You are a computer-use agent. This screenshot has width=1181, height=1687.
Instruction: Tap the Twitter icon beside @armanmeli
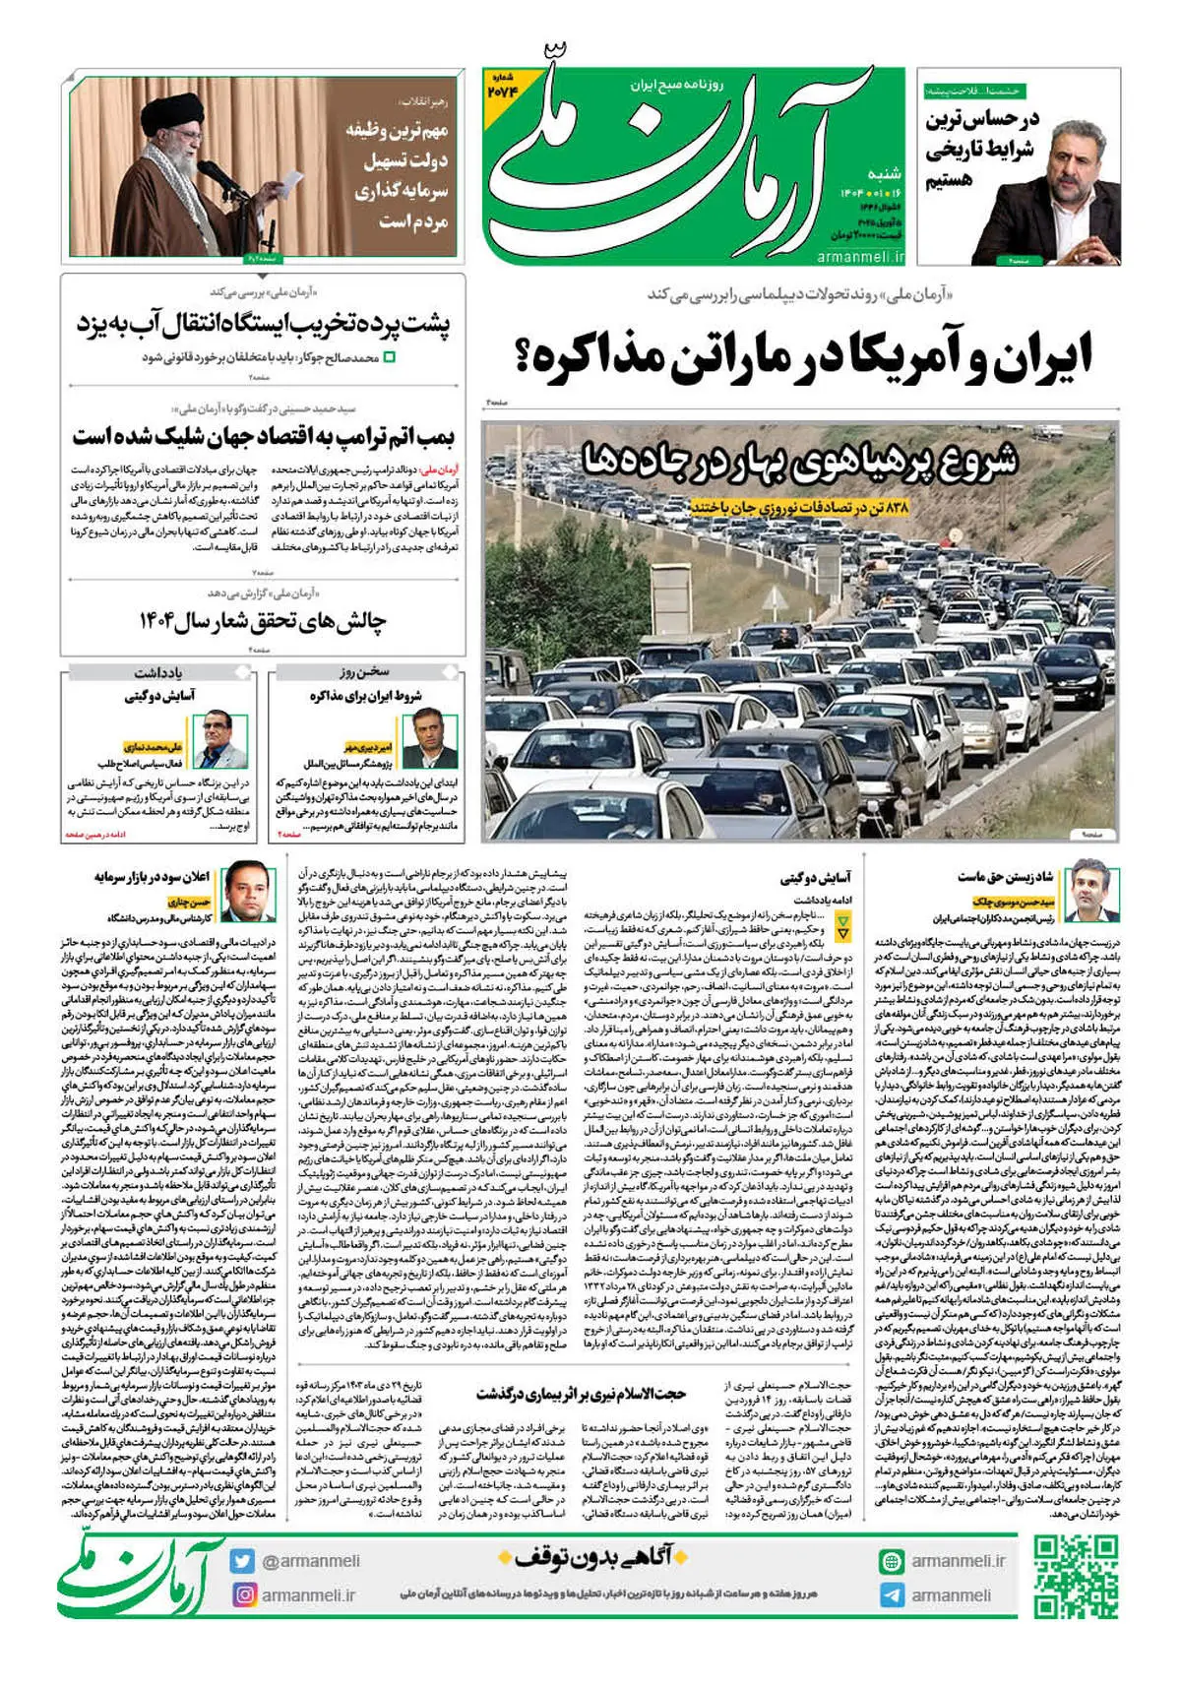pos(242,1561)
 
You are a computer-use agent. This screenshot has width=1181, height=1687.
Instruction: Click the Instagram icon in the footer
pos(242,1594)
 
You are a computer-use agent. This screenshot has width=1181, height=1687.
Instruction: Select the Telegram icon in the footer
pos(892,1594)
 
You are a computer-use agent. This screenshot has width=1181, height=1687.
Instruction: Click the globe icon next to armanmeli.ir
pos(892,1561)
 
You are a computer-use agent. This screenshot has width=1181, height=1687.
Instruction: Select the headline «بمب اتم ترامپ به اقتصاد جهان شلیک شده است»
pos(264,434)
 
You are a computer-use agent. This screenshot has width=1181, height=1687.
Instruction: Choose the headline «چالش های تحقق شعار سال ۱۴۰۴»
pos(264,621)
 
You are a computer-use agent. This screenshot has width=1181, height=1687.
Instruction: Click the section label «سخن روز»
pos(365,672)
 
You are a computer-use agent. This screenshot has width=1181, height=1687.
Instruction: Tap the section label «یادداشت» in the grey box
pos(157,672)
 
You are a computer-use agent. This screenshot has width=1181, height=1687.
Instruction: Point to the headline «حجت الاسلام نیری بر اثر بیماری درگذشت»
pos(582,1393)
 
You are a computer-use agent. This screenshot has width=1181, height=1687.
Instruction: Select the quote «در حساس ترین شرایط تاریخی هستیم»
pos(981,150)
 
